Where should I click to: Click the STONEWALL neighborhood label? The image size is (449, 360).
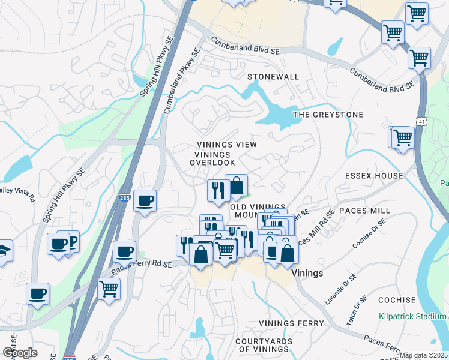pyautogui.click(x=273, y=77)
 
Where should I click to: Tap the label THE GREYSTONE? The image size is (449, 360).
pyautogui.click(x=328, y=114)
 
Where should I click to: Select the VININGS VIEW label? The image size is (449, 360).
pyautogui.click(x=228, y=145)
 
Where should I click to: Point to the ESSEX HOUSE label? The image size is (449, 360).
pyautogui.click(x=374, y=176)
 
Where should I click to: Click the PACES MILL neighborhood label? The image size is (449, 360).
pyautogui.click(x=364, y=211)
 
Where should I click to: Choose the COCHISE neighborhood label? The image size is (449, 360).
pyautogui.click(x=397, y=300)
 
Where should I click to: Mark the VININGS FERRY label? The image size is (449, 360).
pyautogui.click(x=291, y=323)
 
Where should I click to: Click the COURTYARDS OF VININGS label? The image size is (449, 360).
pyautogui.click(x=263, y=345)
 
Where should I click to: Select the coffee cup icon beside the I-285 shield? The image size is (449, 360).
pyautogui.click(x=145, y=201)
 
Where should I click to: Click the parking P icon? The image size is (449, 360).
pyautogui.click(x=73, y=241)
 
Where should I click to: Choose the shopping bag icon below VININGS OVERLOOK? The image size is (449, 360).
pyautogui.click(x=237, y=185)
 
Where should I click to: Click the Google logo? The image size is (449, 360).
pyautogui.click(x=20, y=353)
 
